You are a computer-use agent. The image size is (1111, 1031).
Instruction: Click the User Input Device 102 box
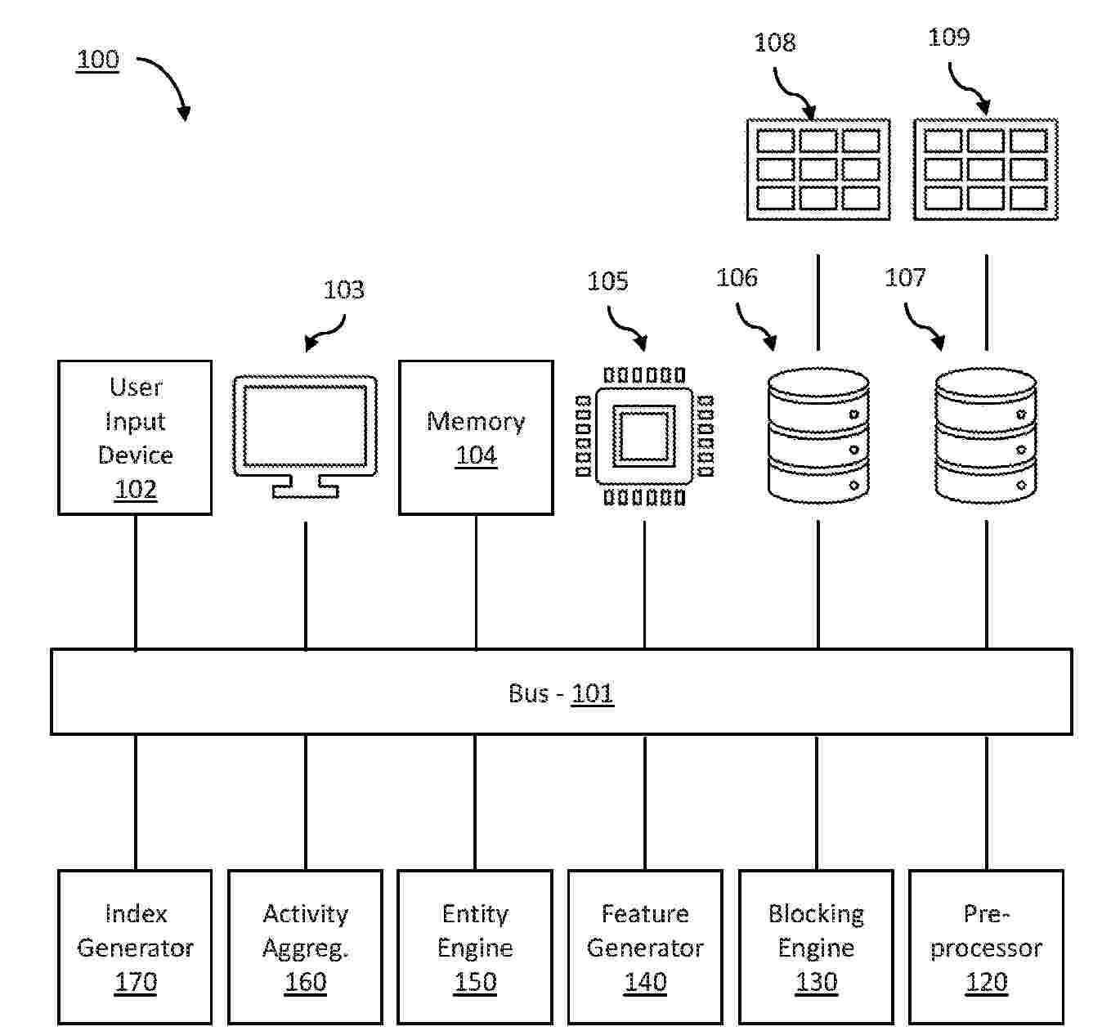[135, 437]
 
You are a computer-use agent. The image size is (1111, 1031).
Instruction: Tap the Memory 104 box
[476, 437]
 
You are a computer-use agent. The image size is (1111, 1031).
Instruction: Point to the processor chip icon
[644, 436]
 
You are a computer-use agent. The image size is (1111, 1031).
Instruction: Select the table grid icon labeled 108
[818, 169]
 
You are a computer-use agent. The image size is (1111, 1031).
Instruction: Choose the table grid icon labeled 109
[985, 169]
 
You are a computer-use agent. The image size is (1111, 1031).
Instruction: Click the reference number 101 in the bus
[592, 693]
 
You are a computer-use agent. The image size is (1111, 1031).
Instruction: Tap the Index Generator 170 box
[135, 947]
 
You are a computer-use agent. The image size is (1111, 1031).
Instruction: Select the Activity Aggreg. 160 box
[305, 947]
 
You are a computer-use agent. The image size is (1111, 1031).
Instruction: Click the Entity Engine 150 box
[475, 947]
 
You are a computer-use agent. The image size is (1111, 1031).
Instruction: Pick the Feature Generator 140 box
[645, 947]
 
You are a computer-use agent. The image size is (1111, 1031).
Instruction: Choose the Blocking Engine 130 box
[816, 947]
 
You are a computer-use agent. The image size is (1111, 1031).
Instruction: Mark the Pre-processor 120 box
[986, 947]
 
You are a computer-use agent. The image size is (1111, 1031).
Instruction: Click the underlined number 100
[97, 60]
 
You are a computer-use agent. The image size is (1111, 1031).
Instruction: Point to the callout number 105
[607, 281]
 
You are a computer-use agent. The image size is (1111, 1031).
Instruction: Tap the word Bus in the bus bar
[528, 693]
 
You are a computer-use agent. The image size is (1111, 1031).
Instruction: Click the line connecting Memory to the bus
[476, 582]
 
